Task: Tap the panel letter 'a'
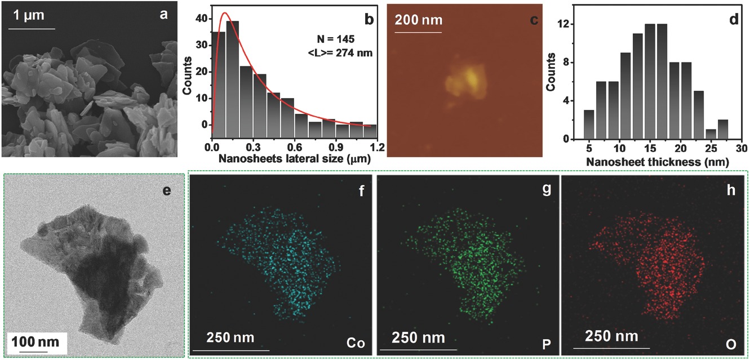(163, 15)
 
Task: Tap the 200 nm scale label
(418, 20)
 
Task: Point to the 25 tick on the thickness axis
(710, 148)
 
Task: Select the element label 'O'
(731, 342)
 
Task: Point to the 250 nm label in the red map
(612, 336)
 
